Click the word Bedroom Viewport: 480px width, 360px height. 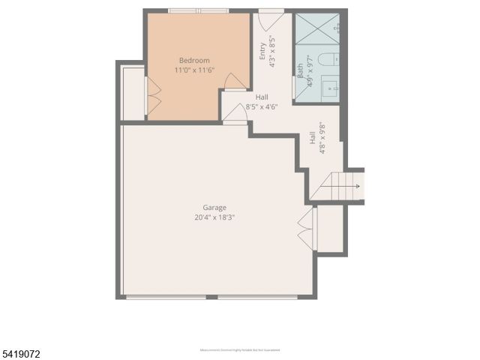click(194, 60)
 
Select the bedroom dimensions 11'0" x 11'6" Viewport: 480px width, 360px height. click(194, 70)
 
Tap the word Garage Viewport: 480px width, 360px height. click(214, 208)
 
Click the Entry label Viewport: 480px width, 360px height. click(262, 50)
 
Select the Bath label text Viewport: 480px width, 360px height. click(301, 71)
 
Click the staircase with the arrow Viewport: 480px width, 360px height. click(346, 185)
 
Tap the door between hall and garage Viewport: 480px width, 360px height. click(236, 113)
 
